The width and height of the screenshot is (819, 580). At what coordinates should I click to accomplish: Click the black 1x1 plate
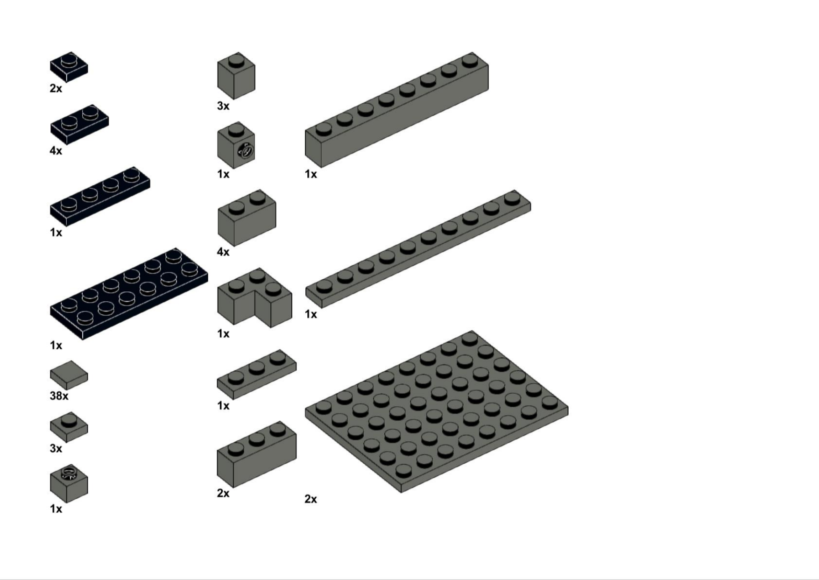[x=69, y=67]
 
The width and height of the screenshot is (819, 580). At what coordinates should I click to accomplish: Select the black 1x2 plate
[x=79, y=124]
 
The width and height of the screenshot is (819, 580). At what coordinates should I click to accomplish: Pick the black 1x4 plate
[x=100, y=197]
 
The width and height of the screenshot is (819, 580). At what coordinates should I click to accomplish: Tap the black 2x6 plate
[x=129, y=294]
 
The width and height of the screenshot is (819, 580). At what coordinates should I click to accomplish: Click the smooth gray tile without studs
[x=69, y=375]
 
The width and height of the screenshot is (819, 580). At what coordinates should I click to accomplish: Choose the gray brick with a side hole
[x=236, y=145]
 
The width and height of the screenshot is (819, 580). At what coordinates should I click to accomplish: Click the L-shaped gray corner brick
[x=254, y=297]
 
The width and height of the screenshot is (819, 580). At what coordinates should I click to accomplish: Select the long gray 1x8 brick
[x=397, y=110]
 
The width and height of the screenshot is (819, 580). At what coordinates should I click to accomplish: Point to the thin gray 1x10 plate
[x=418, y=249]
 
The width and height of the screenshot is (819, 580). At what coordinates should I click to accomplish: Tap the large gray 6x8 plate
[x=437, y=411]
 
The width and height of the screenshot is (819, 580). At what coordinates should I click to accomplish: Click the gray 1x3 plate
[x=256, y=375]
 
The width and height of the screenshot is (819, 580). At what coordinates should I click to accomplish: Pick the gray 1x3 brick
[x=256, y=454]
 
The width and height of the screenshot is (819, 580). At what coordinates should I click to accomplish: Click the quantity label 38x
[x=59, y=396]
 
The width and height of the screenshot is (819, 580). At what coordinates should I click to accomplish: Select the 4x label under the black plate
[x=56, y=150]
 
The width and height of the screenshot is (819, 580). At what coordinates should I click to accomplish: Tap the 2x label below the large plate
[x=311, y=499]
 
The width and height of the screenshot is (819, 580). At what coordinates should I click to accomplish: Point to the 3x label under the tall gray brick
[x=223, y=106]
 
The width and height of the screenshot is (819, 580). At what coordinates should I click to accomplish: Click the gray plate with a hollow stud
[x=69, y=484]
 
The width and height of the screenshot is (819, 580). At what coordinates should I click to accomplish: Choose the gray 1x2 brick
[x=247, y=218]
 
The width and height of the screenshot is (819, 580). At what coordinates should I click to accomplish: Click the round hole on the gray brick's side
[x=246, y=150]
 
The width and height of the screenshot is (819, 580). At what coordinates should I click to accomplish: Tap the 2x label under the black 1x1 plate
[x=56, y=88]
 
